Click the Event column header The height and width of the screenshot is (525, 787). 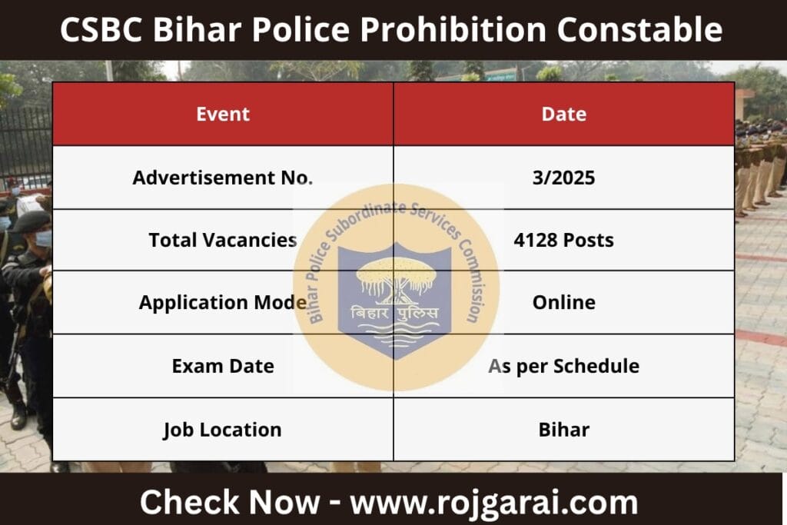(x=223, y=115)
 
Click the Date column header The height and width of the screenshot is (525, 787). (x=563, y=115)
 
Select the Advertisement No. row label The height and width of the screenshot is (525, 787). (x=222, y=178)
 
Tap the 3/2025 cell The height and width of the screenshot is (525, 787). (x=563, y=178)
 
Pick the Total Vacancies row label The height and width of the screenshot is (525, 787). (x=222, y=240)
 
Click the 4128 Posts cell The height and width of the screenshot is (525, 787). (x=563, y=240)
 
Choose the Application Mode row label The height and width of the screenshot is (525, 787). (x=222, y=302)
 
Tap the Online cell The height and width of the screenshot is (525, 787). (x=563, y=302)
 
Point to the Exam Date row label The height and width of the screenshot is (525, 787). (x=222, y=366)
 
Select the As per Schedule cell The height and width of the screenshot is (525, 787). (x=563, y=366)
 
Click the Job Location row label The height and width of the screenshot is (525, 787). (x=222, y=429)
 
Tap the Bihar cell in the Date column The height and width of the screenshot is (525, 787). (x=563, y=429)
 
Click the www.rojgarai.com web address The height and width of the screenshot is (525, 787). (x=494, y=502)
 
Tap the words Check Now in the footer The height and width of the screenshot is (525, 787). (x=229, y=502)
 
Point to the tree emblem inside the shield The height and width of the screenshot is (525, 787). (x=394, y=277)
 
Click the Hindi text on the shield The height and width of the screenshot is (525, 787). (x=394, y=313)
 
